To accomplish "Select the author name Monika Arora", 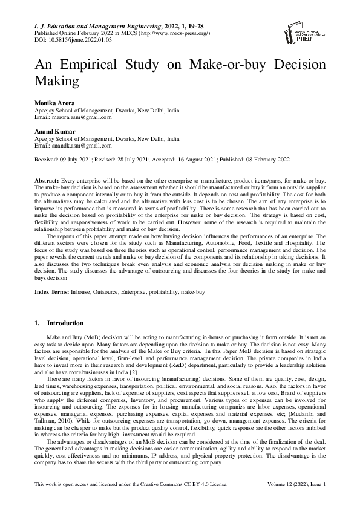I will click(x=57, y=103).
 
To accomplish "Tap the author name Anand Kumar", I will click(x=55, y=131).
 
